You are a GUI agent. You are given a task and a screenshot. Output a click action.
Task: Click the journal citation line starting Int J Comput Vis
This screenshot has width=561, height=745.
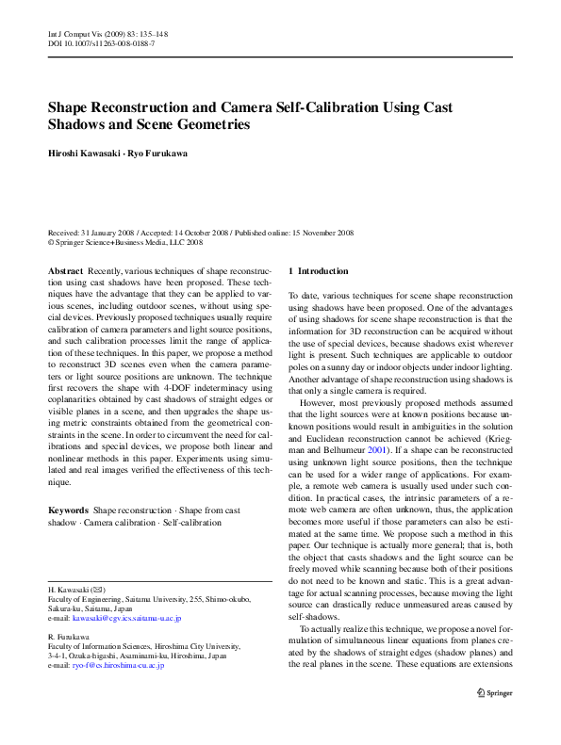point(107,34)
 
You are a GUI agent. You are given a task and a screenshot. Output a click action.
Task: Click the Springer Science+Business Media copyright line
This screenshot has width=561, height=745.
point(127,241)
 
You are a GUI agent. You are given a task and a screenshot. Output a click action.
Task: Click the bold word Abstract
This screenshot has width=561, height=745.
point(64,271)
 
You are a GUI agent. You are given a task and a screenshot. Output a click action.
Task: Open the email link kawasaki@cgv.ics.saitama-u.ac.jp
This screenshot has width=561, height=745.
point(126,619)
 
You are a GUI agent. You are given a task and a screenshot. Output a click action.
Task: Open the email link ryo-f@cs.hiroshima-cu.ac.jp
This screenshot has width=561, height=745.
point(118,665)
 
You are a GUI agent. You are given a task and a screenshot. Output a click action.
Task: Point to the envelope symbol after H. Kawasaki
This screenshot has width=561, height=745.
point(99,589)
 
